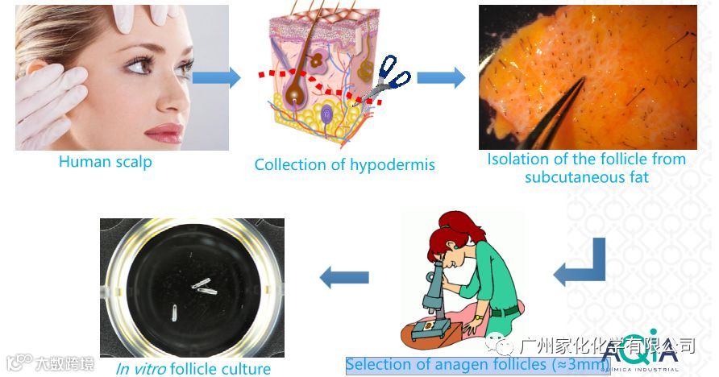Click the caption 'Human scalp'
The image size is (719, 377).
point(105,161)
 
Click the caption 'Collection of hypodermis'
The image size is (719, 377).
point(344,165)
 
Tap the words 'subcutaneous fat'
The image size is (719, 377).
point(586,176)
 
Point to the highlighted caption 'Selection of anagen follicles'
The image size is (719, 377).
point(477,364)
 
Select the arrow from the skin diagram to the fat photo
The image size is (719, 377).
point(441,77)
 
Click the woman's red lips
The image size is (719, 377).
point(164,131)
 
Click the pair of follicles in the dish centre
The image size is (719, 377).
point(202,284)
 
